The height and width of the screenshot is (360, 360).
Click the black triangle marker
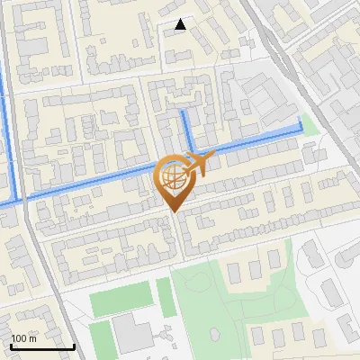coord(181,24)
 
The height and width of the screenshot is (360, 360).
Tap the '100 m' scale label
coord(23,337)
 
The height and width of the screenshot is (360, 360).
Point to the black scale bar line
coord(42,346)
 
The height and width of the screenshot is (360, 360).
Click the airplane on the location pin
coord(198,164)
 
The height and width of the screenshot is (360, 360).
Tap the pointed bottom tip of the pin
coord(173,212)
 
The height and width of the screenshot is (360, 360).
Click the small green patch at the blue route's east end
coord(311,125)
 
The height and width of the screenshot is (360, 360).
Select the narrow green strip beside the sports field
coord(164,296)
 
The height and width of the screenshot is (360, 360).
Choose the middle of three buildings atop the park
coord(252,265)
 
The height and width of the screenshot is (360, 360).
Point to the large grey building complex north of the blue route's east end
coord(261,99)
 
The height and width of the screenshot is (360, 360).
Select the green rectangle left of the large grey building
coord(101,336)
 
